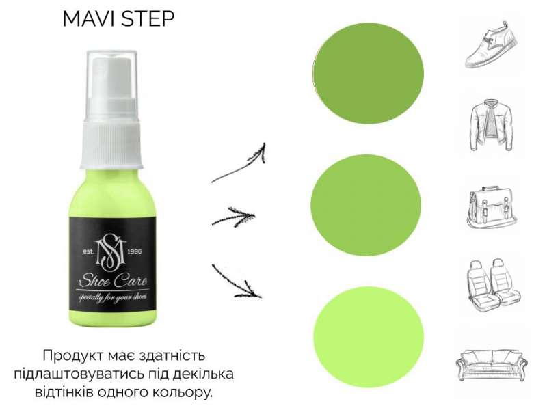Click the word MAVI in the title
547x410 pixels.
coord(89,19)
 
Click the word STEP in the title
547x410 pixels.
coord(148,19)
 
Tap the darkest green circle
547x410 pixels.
coord(368,73)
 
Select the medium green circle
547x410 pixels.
coord(366,205)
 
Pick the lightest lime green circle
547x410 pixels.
coord(369,337)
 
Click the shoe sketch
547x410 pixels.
coord(491,45)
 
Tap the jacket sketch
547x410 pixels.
coord(492,125)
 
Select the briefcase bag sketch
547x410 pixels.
coord(491,208)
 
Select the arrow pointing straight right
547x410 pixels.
coord(234,217)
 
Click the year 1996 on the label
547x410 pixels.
coord(135,251)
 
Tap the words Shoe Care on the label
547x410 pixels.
coord(112,280)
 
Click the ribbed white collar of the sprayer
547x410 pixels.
coord(111,143)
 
